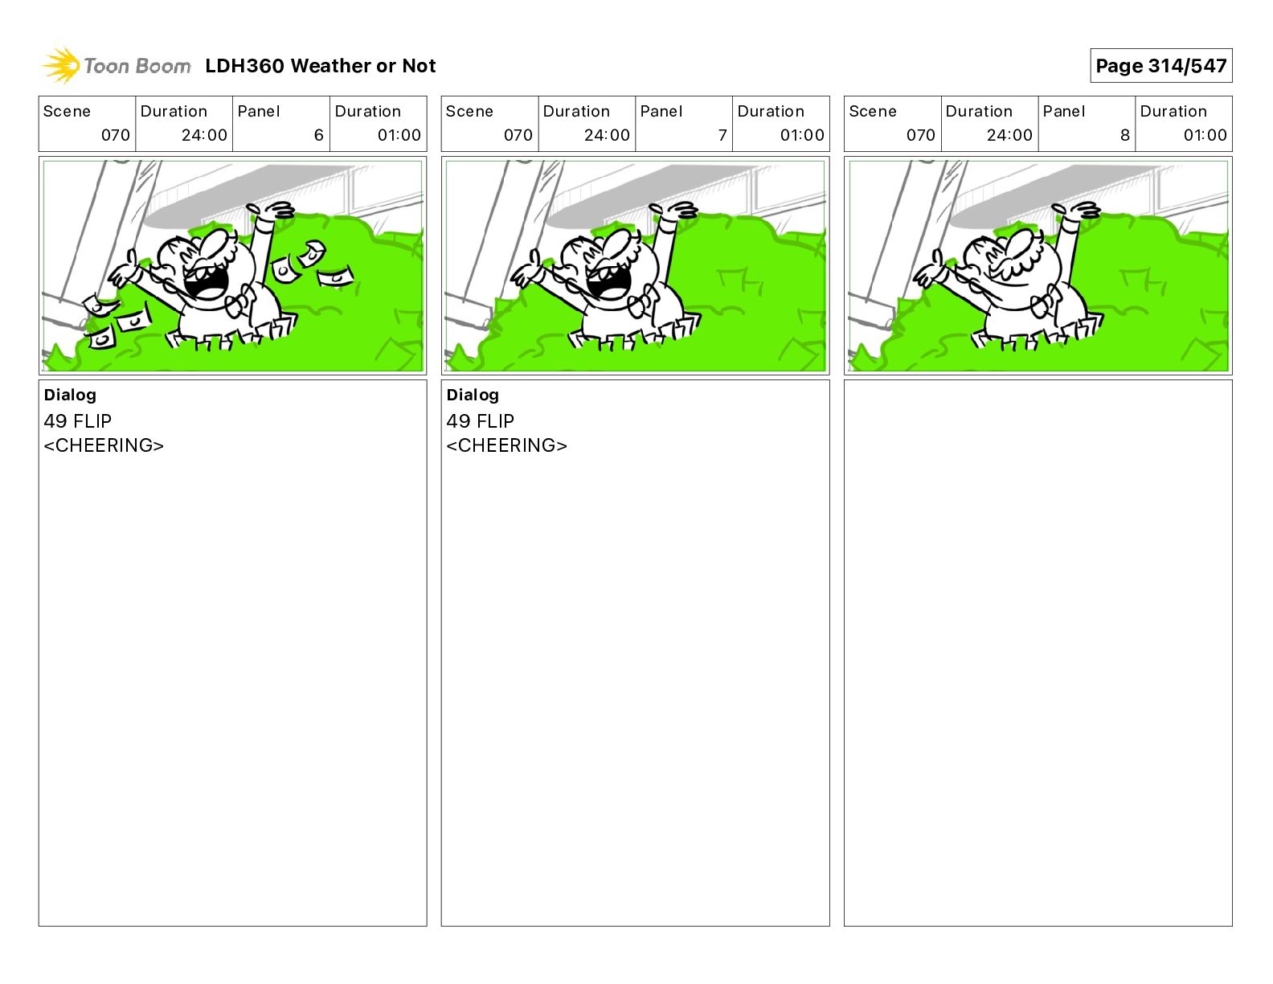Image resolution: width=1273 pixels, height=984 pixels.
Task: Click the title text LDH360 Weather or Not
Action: tap(321, 66)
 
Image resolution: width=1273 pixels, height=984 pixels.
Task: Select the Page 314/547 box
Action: tap(1160, 66)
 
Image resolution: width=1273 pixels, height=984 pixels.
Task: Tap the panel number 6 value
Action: tap(319, 135)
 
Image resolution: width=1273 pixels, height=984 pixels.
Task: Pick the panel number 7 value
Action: tap(722, 135)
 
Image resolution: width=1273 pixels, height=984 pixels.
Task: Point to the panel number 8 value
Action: tap(1125, 135)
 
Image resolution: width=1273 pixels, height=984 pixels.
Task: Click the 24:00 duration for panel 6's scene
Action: tap(204, 135)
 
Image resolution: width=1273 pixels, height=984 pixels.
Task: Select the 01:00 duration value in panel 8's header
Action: tap(1205, 135)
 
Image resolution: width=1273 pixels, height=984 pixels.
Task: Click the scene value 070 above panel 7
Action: tap(518, 135)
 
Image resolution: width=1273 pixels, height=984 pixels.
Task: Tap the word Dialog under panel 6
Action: tap(70, 395)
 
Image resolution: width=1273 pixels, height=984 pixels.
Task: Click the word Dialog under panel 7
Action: tap(473, 395)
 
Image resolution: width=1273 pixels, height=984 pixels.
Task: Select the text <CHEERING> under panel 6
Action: tap(104, 445)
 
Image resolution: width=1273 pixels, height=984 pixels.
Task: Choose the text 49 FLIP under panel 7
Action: tap(481, 420)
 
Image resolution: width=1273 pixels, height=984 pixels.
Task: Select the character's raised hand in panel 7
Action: tap(673, 211)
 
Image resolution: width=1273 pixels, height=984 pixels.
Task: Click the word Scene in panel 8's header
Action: tap(872, 112)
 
